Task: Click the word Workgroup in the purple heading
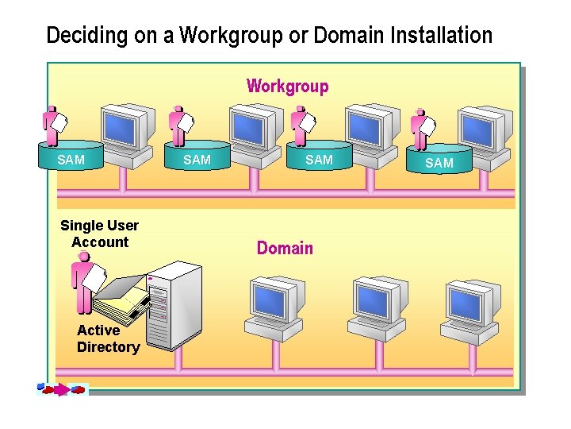(287, 86)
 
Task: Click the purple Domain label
(285, 248)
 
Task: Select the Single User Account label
(99, 234)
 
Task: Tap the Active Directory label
(108, 338)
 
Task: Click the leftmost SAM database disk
(71, 157)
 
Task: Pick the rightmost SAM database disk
(439, 160)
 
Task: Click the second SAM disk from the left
(197, 158)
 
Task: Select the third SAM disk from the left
(319, 157)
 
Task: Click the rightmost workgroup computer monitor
(478, 129)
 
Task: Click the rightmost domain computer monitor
(469, 302)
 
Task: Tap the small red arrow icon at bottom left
(62, 390)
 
